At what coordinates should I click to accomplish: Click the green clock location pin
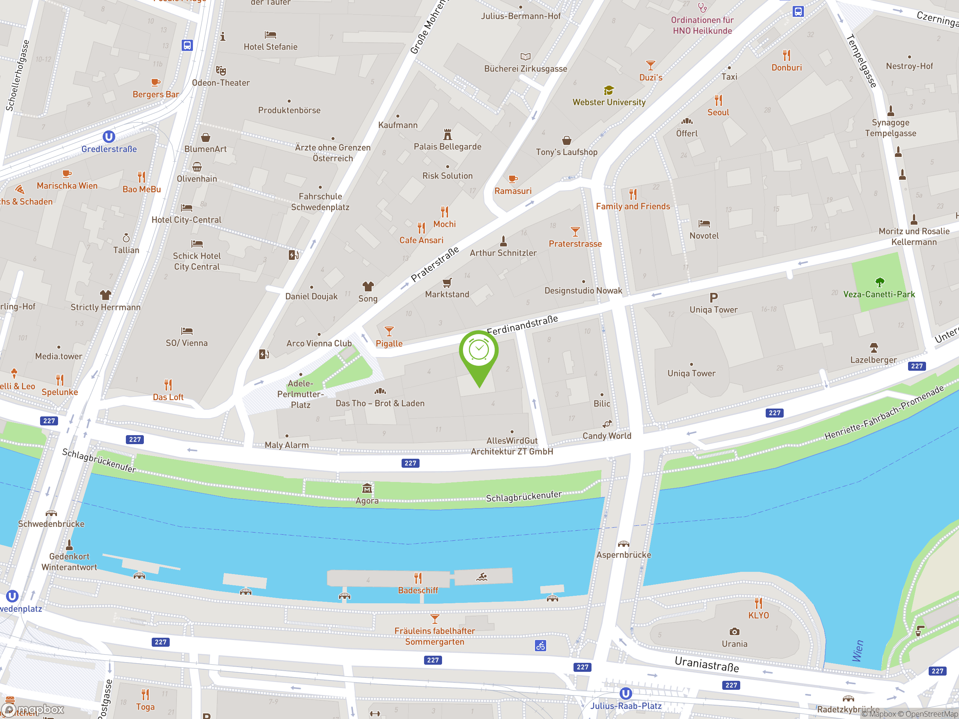[479, 351]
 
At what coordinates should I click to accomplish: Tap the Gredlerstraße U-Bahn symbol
[109, 137]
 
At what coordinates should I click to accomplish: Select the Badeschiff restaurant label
[418, 590]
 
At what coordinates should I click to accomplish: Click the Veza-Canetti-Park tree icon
[879, 283]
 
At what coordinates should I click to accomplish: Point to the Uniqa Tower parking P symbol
[714, 298]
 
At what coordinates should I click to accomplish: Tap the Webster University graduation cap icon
[609, 91]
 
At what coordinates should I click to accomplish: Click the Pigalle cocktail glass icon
[389, 331]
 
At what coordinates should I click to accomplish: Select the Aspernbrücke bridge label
[623, 555]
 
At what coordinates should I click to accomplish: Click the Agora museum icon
[367, 489]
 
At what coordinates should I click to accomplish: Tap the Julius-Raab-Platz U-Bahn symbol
[625, 694]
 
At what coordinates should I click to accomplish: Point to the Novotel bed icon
[704, 224]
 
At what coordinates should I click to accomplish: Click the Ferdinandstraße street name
[522, 325]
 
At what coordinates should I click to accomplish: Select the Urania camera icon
[734, 631]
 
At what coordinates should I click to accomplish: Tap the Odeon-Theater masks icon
[221, 71]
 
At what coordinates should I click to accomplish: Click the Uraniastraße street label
[707, 664]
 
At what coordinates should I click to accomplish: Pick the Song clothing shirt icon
[367, 286]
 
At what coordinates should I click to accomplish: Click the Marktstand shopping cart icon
[447, 283]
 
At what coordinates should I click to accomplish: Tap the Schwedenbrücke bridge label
[51, 524]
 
